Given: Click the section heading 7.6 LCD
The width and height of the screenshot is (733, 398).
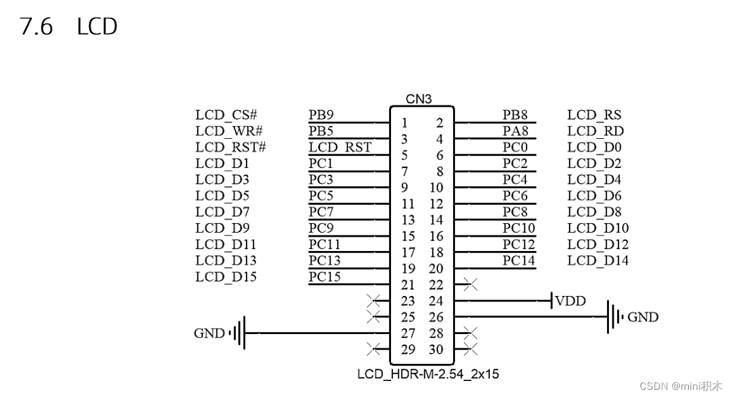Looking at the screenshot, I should point(68,27).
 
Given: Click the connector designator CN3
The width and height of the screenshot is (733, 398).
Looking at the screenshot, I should point(419,99).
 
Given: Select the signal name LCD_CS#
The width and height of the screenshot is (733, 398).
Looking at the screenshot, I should point(225,115).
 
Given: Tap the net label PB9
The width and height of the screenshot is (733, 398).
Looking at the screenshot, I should point(321,115).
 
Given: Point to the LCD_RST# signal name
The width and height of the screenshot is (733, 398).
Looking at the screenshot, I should point(230,147).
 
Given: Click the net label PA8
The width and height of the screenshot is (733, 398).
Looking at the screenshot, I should point(515,131).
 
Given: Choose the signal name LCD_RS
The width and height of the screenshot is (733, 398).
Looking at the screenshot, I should point(594,115).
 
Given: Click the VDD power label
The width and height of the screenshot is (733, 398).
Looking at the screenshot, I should point(570,301).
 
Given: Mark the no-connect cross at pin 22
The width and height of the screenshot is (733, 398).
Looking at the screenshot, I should point(469,284).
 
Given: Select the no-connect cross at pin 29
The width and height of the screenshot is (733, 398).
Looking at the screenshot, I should point(373,350).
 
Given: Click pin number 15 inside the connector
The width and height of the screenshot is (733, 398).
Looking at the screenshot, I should point(408,236).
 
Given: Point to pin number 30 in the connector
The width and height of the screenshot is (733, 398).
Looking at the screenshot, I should point(436,350).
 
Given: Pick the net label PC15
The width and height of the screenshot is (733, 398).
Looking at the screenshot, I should point(324,277).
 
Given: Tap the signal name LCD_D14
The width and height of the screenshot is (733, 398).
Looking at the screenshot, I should point(597,261).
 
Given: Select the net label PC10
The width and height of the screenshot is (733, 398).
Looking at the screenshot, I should point(518,228).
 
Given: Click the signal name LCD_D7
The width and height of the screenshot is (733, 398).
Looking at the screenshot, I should point(222,212).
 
